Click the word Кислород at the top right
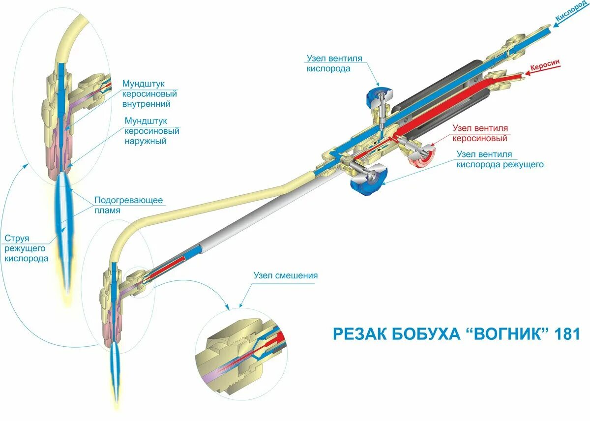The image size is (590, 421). pyautogui.click(x=571, y=13)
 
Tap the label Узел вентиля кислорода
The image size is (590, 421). pyautogui.click(x=334, y=63)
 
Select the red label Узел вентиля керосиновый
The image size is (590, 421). pyautogui.click(x=480, y=133)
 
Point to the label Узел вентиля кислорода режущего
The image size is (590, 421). pyautogui.click(x=500, y=159)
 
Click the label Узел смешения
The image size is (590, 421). pyautogui.click(x=285, y=275)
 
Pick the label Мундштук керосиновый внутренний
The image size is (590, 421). pyautogui.click(x=149, y=94)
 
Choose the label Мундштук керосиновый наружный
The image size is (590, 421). pyautogui.click(x=152, y=131)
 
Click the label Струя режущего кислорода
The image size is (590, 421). pyautogui.click(x=27, y=248)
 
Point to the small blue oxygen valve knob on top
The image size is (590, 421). pyautogui.click(x=379, y=95)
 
